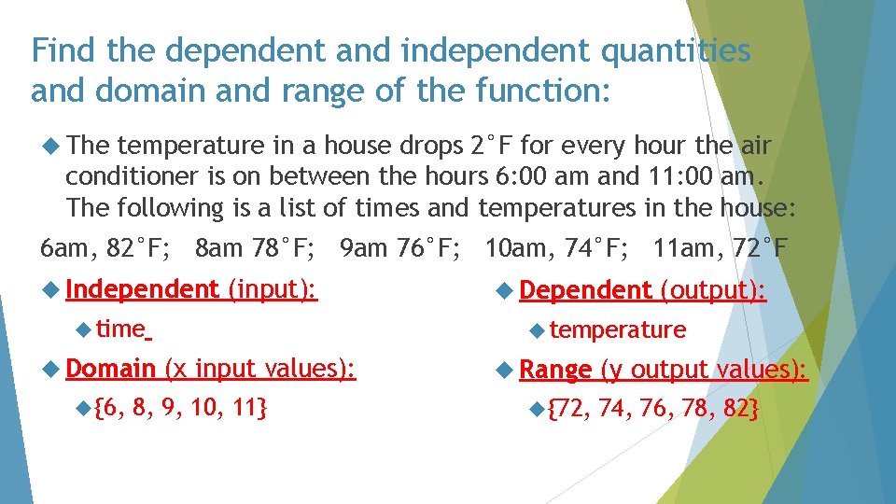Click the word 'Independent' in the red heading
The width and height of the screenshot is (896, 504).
pyautogui.click(x=142, y=290)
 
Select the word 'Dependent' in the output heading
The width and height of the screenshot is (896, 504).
pyautogui.click(x=586, y=291)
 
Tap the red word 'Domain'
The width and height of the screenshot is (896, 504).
pyautogui.click(x=111, y=369)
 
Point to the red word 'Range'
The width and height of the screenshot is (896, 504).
pyautogui.click(x=555, y=370)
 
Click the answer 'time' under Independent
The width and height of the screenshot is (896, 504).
pyautogui.click(x=120, y=329)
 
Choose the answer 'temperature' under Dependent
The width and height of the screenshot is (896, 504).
pyautogui.click(x=618, y=329)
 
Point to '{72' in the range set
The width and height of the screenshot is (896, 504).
pyautogui.click(x=568, y=408)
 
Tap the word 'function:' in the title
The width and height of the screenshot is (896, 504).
pyautogui.click(x=542, y=91)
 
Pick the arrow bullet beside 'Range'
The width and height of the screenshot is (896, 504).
pyautogui.click(x=503, y=370)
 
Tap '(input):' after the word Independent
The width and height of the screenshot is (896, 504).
pyautogui.click(x=273, y=290)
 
